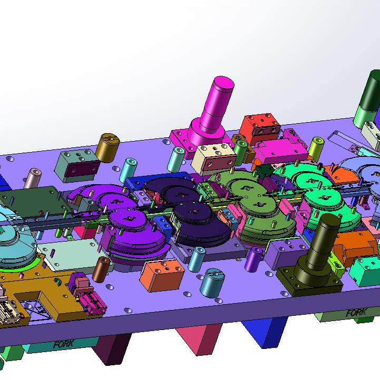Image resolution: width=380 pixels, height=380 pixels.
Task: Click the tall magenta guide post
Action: [x=213, y=114]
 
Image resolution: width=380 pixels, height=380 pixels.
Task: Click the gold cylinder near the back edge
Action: [x=108, y=147]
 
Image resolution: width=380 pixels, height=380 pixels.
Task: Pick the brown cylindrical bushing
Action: [x=101, y=269]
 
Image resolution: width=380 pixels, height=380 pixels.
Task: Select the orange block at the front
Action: [x=162, y=275]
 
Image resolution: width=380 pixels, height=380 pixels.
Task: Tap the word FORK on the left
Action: [x=64, y=343]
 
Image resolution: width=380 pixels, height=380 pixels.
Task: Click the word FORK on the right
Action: [x=356, y=313]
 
